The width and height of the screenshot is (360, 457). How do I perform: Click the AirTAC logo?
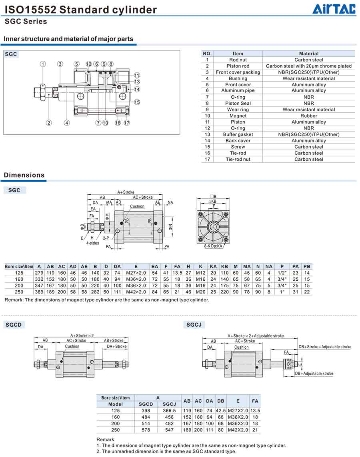click(x=334, y=9)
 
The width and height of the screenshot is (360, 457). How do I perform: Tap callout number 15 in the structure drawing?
click(x=137, y=102)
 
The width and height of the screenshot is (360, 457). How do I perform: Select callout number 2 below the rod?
click(x=49, y=123)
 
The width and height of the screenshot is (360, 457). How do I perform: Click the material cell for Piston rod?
click(x=308, y=66)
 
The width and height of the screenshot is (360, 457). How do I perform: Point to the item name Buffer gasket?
click(x=238, y=134)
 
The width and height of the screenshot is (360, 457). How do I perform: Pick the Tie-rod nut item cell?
click(x=238, y=159)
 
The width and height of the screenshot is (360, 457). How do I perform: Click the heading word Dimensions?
click(x=24, y=175)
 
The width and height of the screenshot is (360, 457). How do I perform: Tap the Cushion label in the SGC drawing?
click(x=137, y=206)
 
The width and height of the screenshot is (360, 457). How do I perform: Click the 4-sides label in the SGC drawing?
click(x=92, y=243)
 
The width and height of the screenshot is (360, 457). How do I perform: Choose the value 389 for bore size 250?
click(x=39, y=292)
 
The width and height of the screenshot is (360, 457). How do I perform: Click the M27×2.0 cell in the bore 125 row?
click(x=136, y=273)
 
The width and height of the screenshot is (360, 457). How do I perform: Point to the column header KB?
click(x=224, y=266)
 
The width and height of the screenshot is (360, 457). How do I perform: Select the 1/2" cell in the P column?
click(x=282, y=273)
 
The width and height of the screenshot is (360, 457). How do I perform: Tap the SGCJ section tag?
click(x=194, y=325)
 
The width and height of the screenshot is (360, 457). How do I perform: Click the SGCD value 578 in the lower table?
click(x=146, y=430)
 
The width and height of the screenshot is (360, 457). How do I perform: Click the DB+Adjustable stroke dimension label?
click(x=314, y=373)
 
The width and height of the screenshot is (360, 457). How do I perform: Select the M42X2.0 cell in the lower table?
click(x=238, y=430)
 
